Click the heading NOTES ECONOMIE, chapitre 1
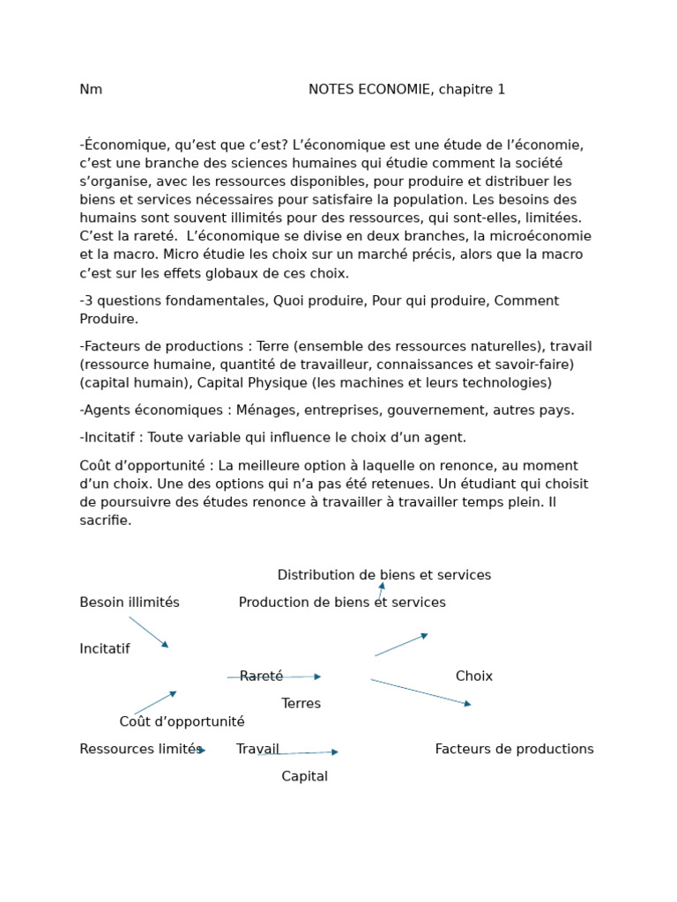point(406,90)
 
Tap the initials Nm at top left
point(91,90)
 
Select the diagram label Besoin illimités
point(130,603)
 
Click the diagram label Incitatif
point(105,649)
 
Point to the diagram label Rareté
point(262,676)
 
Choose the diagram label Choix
point(474,676)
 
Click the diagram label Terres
point(301,704)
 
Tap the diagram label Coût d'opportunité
point(182,722)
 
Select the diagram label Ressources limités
point(141,750)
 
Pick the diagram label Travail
point(257,750)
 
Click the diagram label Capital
point(304,777)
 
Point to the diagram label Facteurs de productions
point(514,750)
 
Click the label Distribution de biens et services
point(384,575)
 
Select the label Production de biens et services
point(342,603)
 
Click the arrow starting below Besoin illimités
point(148,632)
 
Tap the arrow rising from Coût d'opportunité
point(155,703)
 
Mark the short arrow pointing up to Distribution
point(381,591)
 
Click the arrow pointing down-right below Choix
point(420,691)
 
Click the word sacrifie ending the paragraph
point(106,521)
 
